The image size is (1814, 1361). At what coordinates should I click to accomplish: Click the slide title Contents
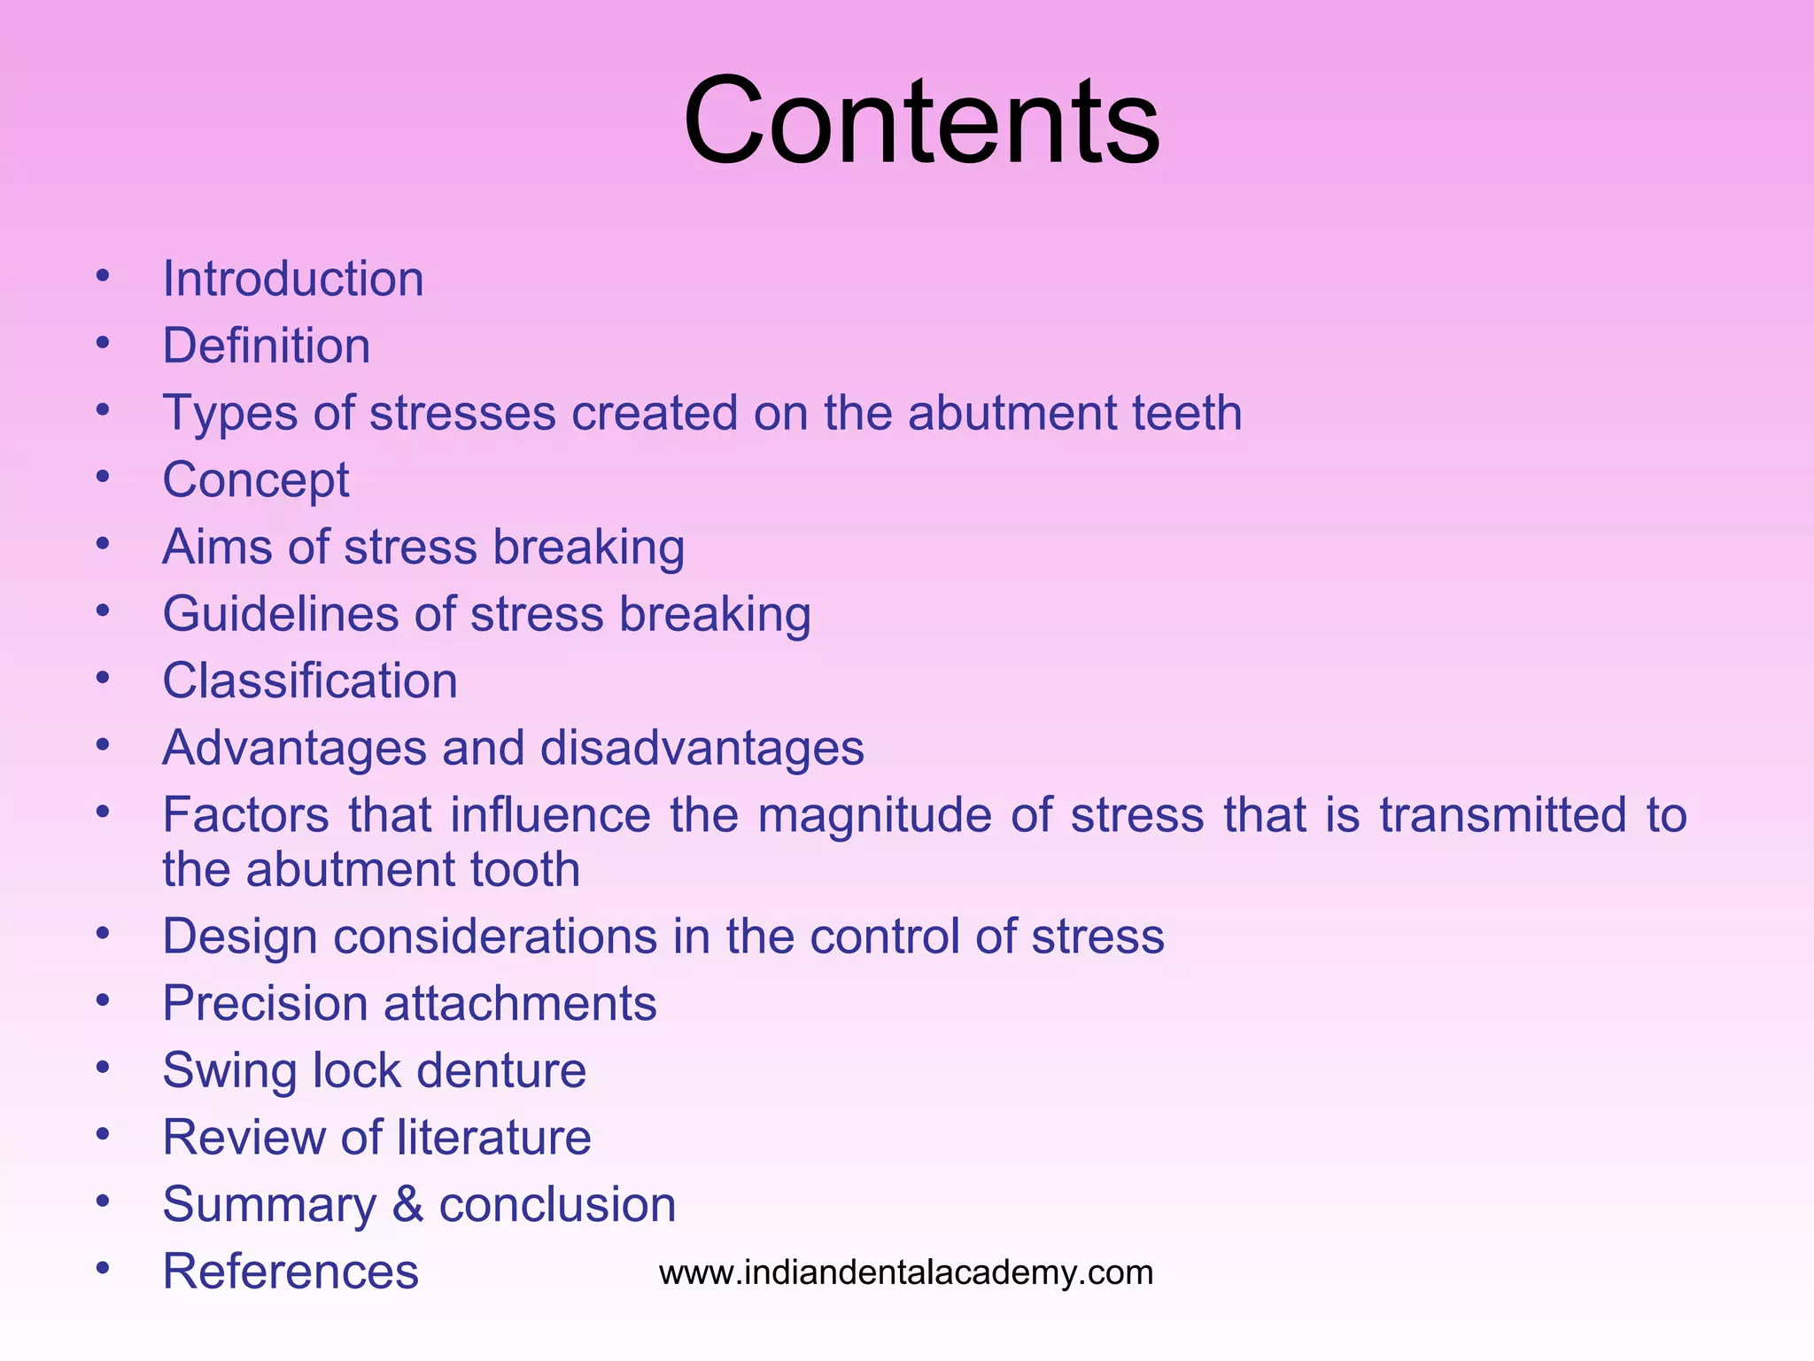(921, 121)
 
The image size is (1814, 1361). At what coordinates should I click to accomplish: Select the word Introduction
(293, 279)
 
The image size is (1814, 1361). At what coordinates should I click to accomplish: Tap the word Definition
(267, 346)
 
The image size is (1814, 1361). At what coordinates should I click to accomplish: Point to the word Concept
(256, 481)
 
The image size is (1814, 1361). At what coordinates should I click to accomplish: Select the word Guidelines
(280, 614)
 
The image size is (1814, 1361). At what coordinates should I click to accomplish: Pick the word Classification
(310, 680)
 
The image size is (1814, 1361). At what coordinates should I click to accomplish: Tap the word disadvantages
(702, 748)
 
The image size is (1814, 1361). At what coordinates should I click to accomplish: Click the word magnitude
(874, 816)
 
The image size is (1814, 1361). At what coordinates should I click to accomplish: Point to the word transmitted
(1503, 815)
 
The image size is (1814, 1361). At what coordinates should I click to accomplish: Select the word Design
(240, 937)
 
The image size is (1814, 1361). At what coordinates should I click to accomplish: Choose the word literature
(493, 1137)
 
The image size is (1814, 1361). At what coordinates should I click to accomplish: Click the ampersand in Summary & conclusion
(407, 1204)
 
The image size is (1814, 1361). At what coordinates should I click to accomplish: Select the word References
(291, 1272)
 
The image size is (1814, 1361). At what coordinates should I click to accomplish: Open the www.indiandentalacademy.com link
(906, 1272)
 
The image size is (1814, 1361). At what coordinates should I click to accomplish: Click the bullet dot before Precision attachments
(103, 1000)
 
